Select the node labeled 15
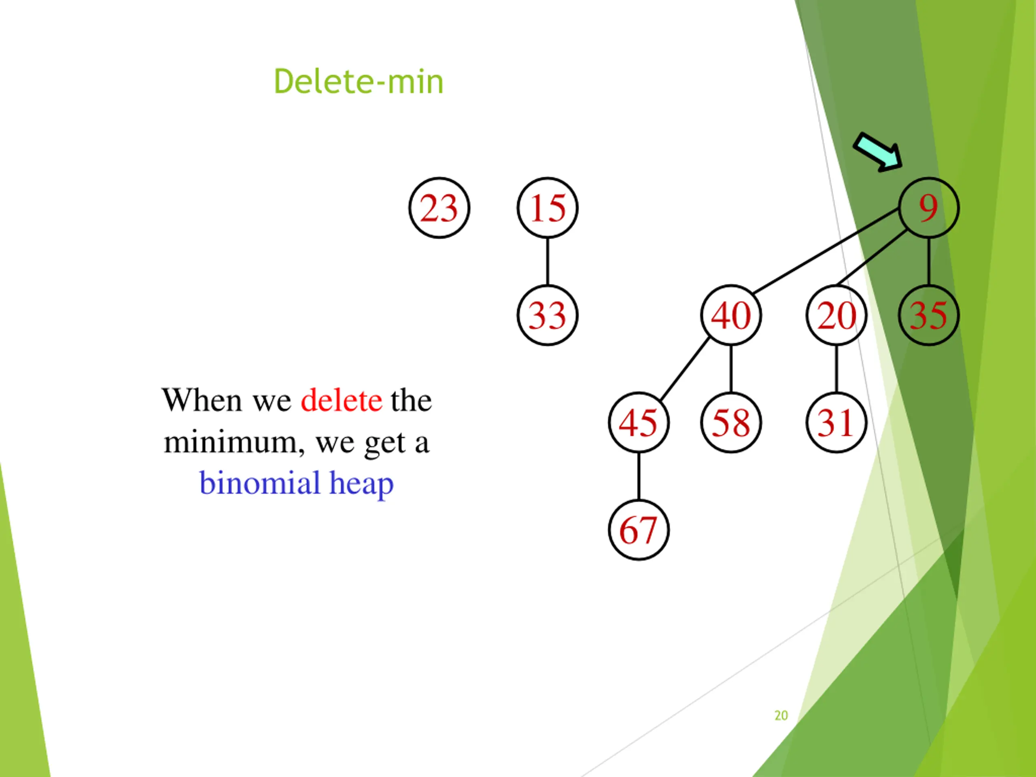[x=548, y=208]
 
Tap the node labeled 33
[x=548, y=315]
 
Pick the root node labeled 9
[x=929, y=208]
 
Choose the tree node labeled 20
[x=836, y=315]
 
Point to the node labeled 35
[x=929, y=315]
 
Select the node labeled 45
[x=639, y=422]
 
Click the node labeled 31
[x=836, y=422]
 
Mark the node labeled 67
[x=639, y=530]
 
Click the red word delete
[x=341, y=401]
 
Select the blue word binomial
[x=260, y=483]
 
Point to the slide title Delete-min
[x=358, y=81]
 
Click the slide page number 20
[x=781, y=715]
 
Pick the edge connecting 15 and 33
[x=548, y=261]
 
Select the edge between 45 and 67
[x=639, y=476]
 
